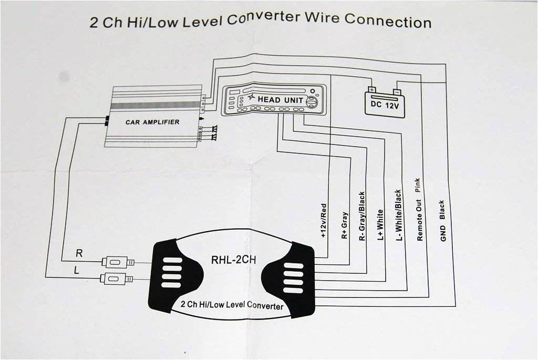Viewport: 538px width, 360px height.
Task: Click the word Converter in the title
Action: (266, 19)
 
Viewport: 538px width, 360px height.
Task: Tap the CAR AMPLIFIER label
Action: (152, 122)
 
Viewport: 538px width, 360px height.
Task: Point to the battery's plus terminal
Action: (371, 90)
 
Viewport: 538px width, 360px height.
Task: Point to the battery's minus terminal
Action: (397, 91)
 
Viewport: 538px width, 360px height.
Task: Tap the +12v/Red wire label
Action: (323, 221)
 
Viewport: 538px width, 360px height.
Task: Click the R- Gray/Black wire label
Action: (362, 216)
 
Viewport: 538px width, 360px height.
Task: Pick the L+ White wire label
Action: (380, 225)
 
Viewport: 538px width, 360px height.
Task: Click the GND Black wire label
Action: (442, 221)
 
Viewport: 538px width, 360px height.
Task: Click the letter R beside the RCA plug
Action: (79, 253)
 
